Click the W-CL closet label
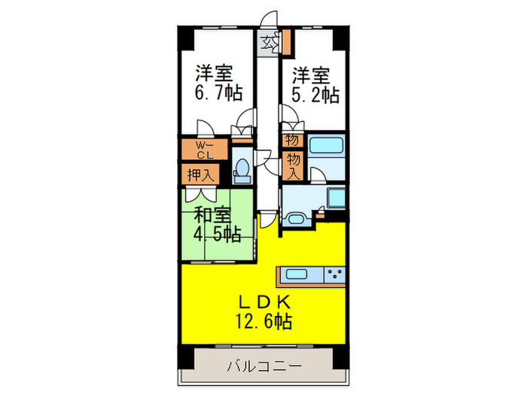[205, 149]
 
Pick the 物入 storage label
[292, 166]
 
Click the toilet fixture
[242, 169]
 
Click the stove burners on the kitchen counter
[334, 275]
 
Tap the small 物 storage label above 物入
[291, 139]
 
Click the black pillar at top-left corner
[184, 35]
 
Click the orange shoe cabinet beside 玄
[285, 42]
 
